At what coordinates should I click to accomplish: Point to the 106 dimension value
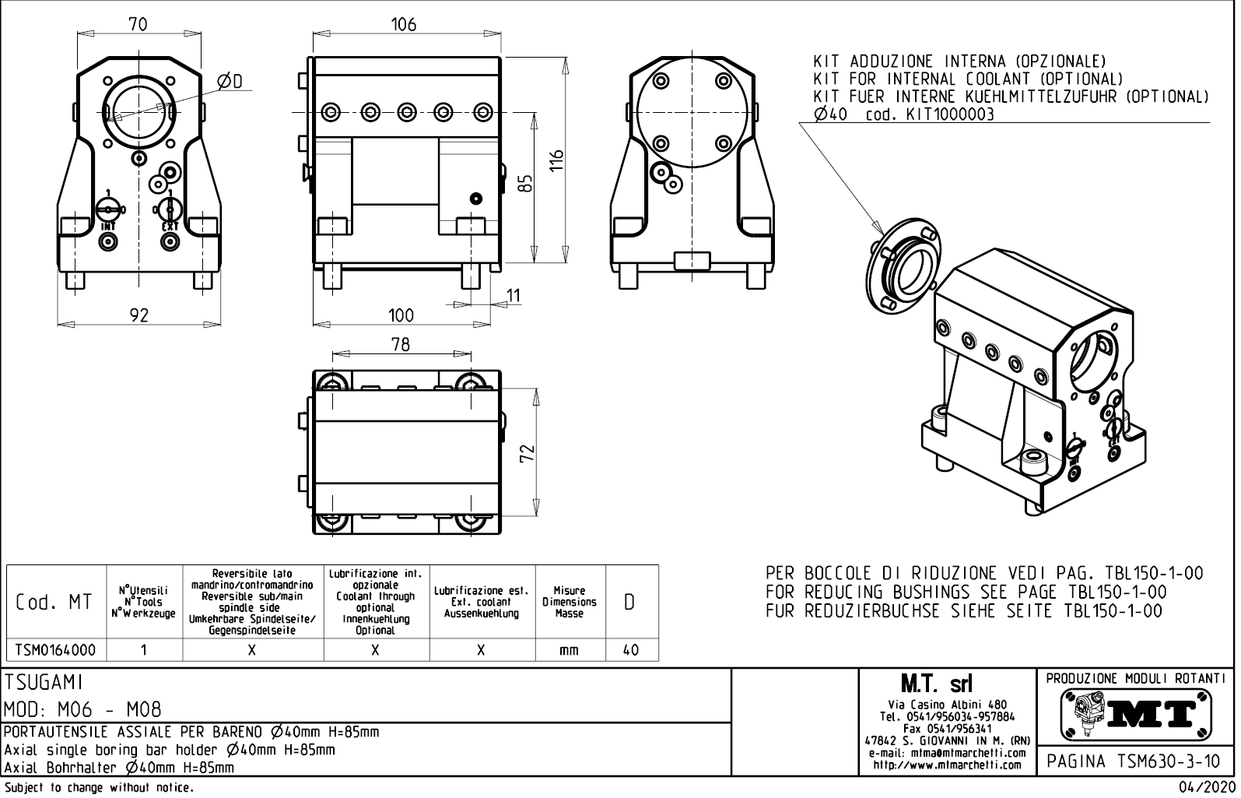click(403, 24)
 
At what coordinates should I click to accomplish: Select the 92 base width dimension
click(138, 315)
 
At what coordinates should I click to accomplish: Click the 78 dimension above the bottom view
click(400, 344)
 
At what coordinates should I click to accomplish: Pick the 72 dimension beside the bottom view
click(528, 452)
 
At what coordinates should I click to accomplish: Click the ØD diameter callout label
click(230, 82)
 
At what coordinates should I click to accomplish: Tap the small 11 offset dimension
click(514, 296)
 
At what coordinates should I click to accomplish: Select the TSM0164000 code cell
click(55, 650)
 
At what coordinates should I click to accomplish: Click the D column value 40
click(631, 650)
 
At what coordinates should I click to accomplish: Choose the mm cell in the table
click(569, 650)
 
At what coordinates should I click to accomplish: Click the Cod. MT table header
click(54, 603)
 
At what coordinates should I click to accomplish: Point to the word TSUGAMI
click(44, 683)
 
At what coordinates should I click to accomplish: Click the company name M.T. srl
click(936, 684)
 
